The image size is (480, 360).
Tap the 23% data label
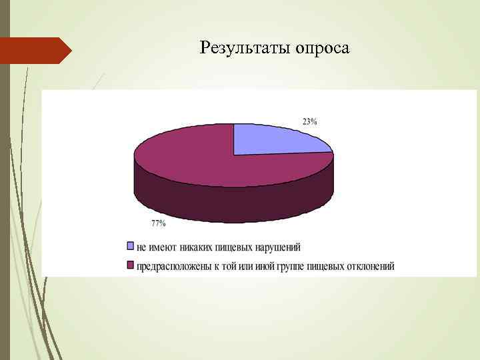(309, 121)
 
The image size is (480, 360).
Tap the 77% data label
(158, 222)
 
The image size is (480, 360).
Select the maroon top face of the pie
(200, 160)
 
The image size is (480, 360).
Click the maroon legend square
(131, 266)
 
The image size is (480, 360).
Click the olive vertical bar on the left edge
(5, 200)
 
